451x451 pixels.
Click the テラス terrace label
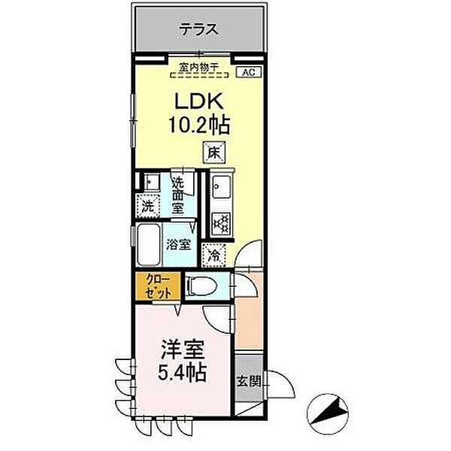(198, 31)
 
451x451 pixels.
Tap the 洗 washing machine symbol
(148, 204)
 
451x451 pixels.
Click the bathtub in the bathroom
(149, 244)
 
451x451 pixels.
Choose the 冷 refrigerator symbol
(215, 255)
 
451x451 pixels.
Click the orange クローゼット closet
(158, 286)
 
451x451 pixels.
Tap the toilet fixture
(199, 285)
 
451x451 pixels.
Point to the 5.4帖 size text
(182, 372)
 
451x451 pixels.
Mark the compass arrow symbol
(331, 413)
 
